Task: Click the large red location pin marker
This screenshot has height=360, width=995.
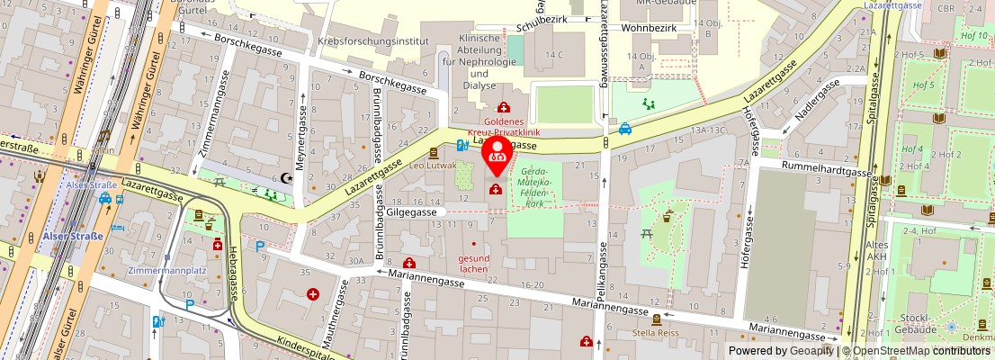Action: (x=496, y=155)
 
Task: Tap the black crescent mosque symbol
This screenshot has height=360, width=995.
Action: (x=288, y=178)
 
